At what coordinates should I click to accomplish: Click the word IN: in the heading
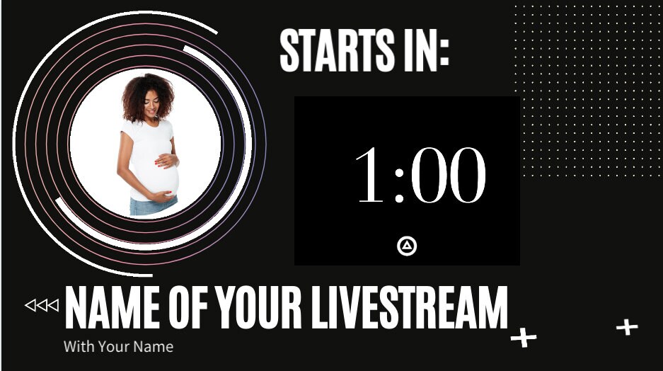[422, 51]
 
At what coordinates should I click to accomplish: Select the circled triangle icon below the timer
[407, 246]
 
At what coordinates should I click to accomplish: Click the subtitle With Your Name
[118, 347]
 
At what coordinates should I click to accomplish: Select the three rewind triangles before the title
[42, 305]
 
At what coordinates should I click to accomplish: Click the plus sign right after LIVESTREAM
[524, 338]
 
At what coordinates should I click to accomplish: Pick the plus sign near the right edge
[626, 327]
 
